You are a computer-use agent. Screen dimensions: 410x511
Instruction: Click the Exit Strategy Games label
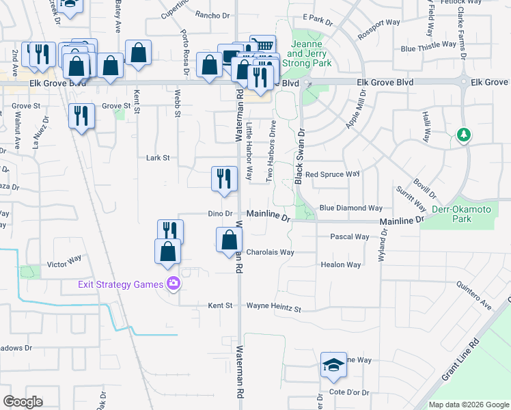[121, 284]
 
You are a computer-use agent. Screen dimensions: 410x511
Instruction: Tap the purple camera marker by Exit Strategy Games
[174, 283]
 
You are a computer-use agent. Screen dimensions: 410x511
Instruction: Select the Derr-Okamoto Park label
[452, 213]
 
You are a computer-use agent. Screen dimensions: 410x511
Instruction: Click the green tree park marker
[464, 135]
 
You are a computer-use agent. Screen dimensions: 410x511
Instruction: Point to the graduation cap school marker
[333, 365]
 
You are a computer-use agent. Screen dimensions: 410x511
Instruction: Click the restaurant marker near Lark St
[224, 179]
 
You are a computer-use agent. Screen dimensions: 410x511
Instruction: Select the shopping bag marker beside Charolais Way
[229, 240]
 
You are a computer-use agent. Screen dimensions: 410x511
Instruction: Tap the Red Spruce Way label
[332, 174]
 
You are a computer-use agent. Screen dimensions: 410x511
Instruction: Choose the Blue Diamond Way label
[351, 208]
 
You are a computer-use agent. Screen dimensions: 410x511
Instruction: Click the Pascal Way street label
[350, 237]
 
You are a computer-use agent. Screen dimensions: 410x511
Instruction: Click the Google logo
[23, 402]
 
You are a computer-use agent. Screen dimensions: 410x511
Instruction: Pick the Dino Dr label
[220, 214]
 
